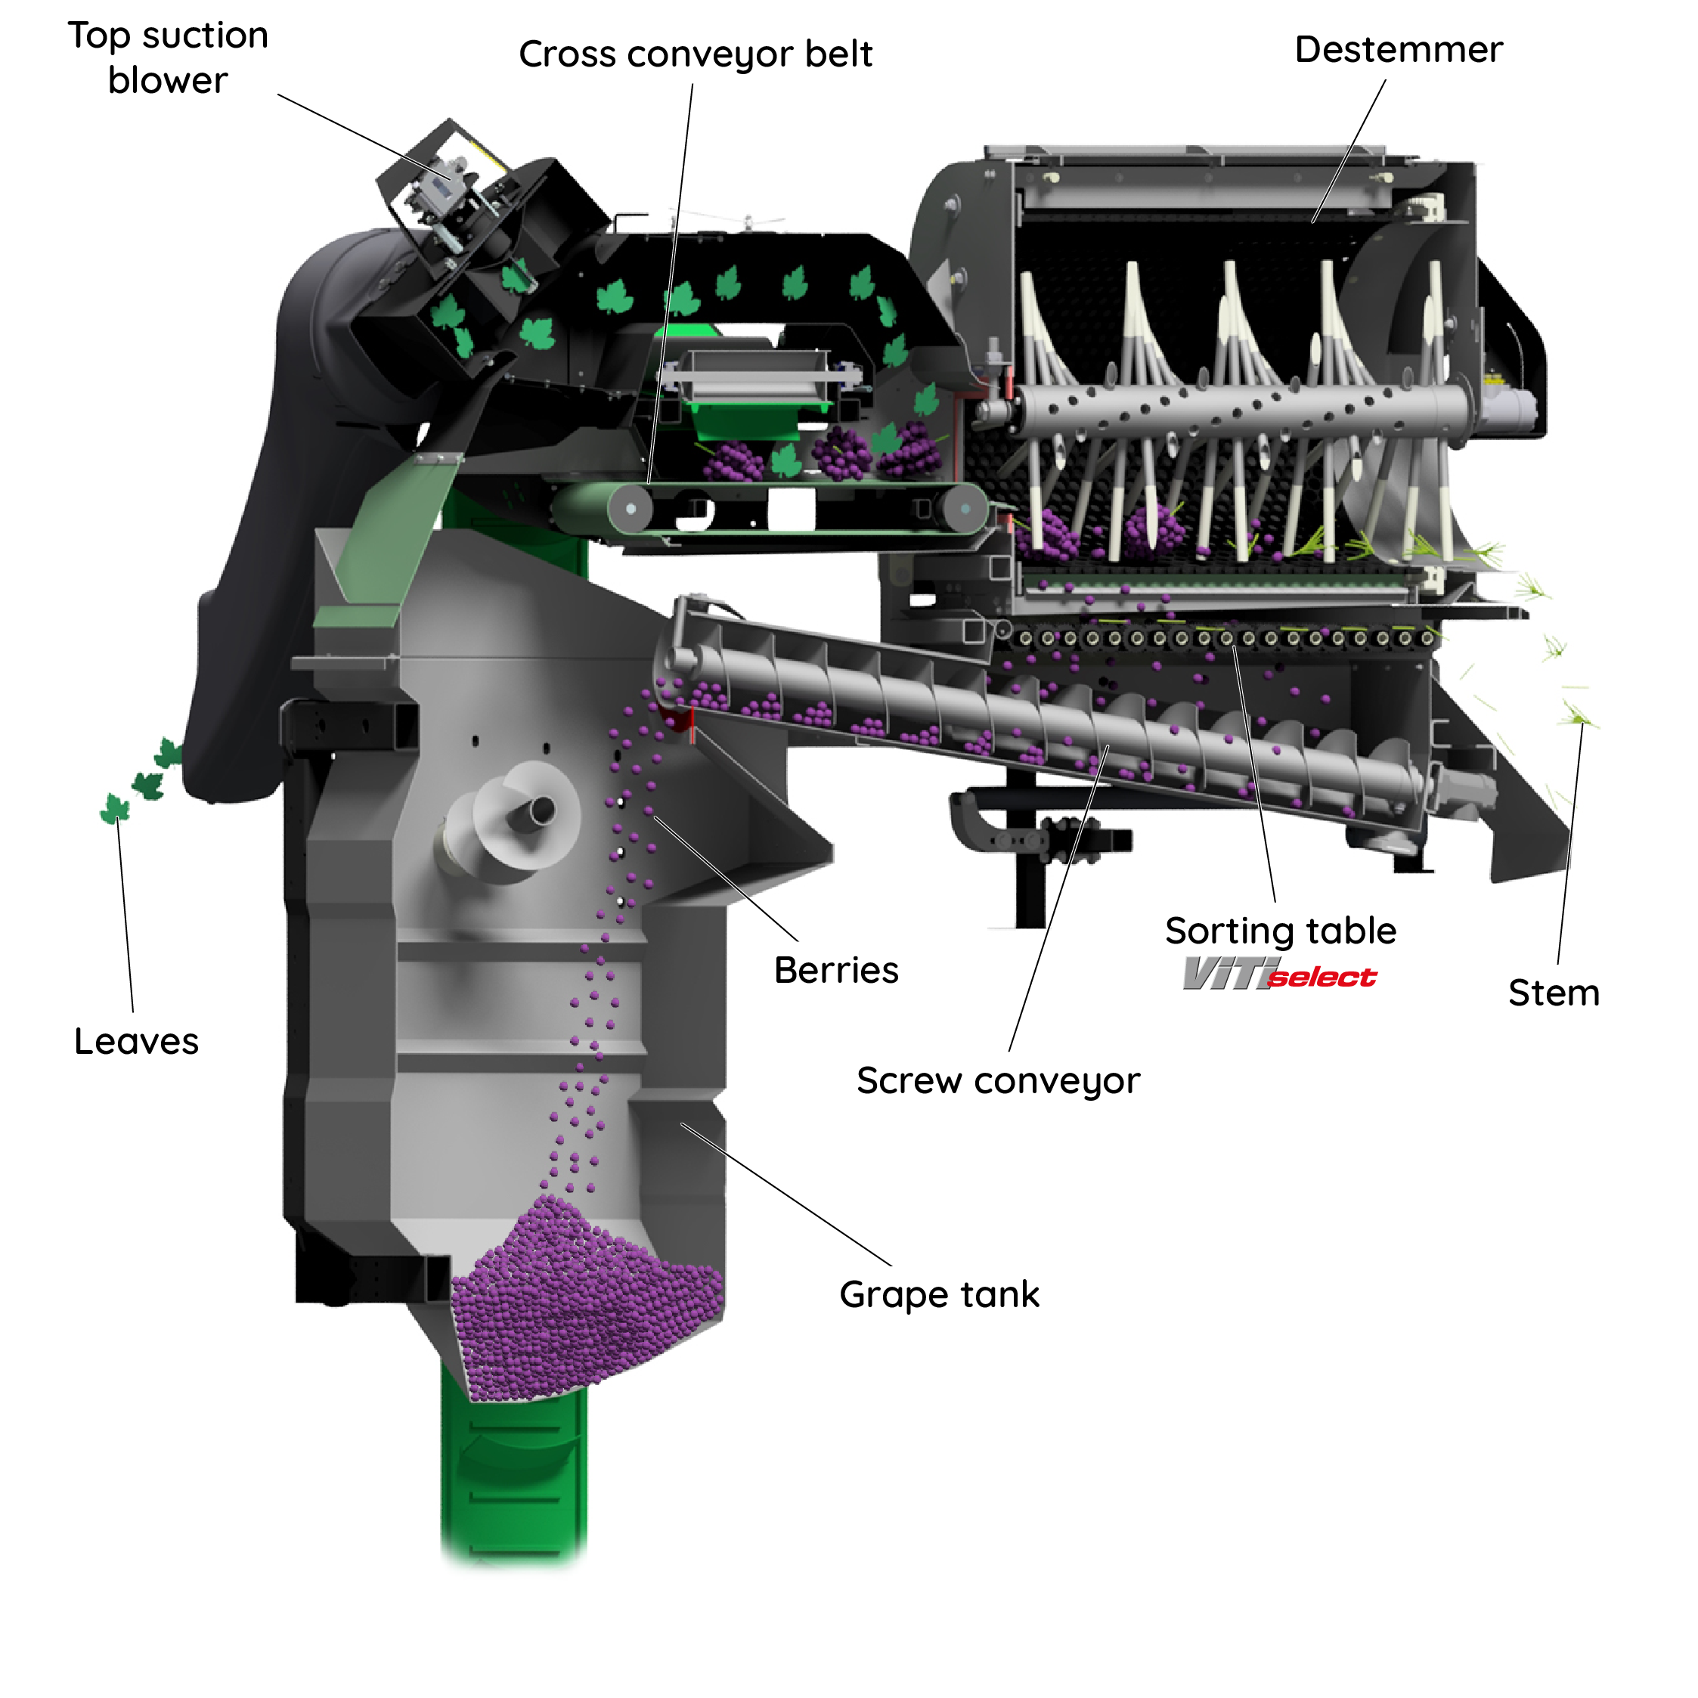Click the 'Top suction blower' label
click(x=168, y=58)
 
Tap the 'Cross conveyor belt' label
click(x=696, y=54)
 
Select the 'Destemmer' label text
click(x=1399, y=50)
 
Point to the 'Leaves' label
click(x=136, y=1042)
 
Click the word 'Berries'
click(x=836, y=970)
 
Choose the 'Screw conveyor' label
click(x=999, y=1081)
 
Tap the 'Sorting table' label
click(x=1281, y=931)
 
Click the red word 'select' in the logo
click(x=1323, y=978)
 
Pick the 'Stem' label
click(x=1554, y=993)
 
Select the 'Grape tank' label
click(x=940, y=1294)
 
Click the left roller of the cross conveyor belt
click(x=631, y=509)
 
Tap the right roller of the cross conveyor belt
click(x=964, y=508)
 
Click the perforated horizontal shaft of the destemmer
click(x=1231, y=409)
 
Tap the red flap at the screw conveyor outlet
click(x=680, y=719)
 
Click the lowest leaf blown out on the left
click(x=114, y=809)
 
